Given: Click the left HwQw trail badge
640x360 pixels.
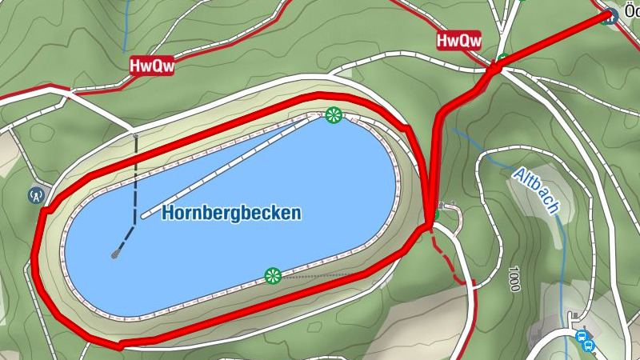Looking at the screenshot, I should tap(152, 66).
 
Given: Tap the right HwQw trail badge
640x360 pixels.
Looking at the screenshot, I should tap(459, 40).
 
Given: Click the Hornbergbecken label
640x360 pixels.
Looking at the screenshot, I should tap(231, 213).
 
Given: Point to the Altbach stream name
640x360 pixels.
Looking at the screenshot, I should tap(534, 190).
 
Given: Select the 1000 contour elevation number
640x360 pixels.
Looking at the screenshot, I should tap(514, 278).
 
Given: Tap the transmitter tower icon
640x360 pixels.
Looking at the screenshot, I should tap(35, 194).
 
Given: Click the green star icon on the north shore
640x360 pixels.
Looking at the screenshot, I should tap(334, 116).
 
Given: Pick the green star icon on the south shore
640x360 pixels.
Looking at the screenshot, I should tap(272, 276).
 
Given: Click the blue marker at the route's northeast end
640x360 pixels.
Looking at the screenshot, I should tap(611, 15).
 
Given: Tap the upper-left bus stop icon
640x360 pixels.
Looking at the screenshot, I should tap(582, 337).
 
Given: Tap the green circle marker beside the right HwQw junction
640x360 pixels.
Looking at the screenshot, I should tap(502, 59).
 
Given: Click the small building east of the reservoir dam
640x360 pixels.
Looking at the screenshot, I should tap(442, 206).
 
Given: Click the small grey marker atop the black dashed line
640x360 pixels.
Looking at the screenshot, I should tap(135, 137).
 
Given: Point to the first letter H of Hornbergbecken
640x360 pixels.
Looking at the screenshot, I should tap(167, 213).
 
